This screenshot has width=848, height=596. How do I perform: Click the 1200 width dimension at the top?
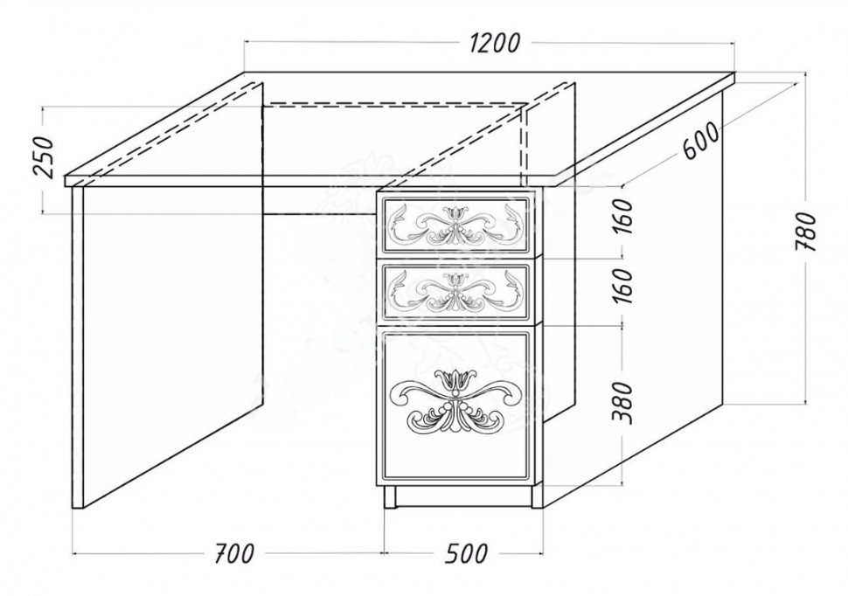pos(495,44)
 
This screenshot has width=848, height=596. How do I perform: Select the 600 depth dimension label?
pos(701,141)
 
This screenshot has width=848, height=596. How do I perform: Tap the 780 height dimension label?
pos(805,232)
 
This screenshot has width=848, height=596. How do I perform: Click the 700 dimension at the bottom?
pos(233,553)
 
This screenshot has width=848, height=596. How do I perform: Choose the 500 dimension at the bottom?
pos(467,553)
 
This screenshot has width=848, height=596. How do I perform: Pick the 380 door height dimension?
pos(622,402)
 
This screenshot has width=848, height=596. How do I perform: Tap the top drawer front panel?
pos(455,225)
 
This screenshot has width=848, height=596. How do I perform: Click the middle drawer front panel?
pos(455,290)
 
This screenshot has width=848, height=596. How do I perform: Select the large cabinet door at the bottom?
pos(455,405)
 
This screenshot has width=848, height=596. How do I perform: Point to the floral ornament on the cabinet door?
pos(455,401)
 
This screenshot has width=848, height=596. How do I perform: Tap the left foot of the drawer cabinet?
pos(389,496)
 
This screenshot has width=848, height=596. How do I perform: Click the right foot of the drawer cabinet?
pos(537,496)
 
